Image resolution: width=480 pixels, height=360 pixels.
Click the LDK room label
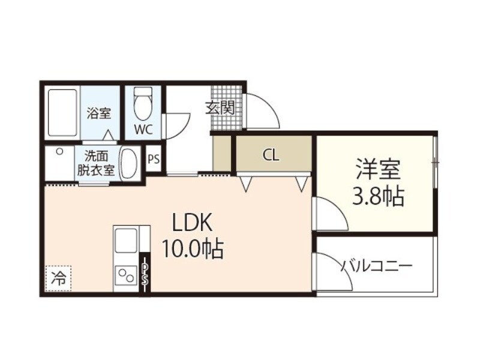click(192, 223)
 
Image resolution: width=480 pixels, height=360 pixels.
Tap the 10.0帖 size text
click(192, 247)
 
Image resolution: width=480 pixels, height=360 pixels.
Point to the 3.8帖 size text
click(378, 196)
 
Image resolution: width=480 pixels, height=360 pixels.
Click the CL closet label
click(271, 155)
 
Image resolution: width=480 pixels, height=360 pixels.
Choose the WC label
click(143, 129)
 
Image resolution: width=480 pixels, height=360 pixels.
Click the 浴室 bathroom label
click(98, 112)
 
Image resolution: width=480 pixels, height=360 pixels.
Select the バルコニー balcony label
click(376, 265)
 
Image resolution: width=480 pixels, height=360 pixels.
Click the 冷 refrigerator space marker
click(59, 278)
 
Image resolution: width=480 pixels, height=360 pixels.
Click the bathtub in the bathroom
click(62, 113)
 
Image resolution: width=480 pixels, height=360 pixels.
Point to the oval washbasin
click(129, 163)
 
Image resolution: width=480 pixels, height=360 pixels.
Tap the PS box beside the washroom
click(154, 160)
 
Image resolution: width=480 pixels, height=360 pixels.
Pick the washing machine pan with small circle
click(59, 162)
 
